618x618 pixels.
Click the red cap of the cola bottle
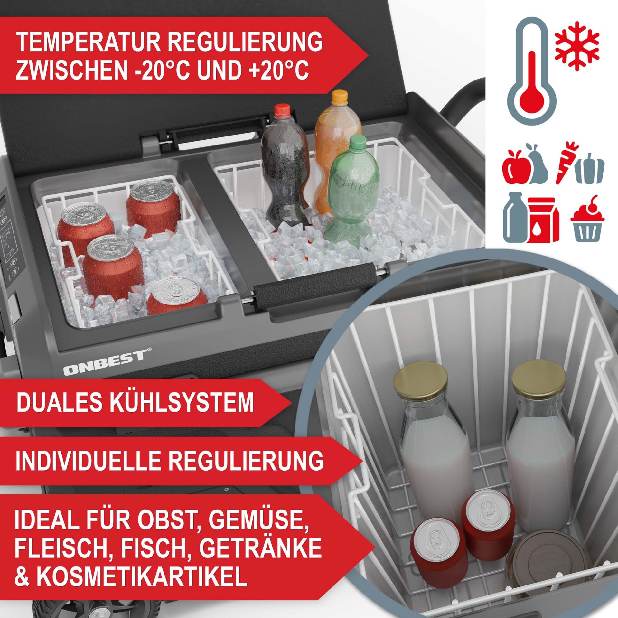tap(282, 109)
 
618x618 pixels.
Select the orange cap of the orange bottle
tap(340, 96)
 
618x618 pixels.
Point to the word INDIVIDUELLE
tap(86, 461)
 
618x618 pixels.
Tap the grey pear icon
tap(536, 169)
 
